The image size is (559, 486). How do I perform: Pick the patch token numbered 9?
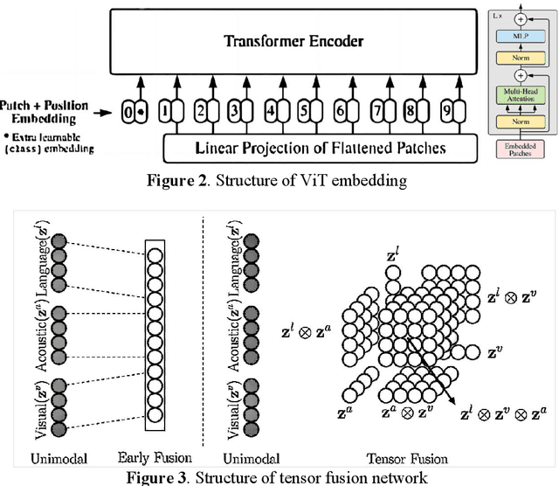click(x=447, y=112)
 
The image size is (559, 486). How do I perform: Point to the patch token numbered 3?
click(x=234, y=112)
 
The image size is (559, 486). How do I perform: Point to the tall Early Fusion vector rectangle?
click(x=155, y=333)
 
